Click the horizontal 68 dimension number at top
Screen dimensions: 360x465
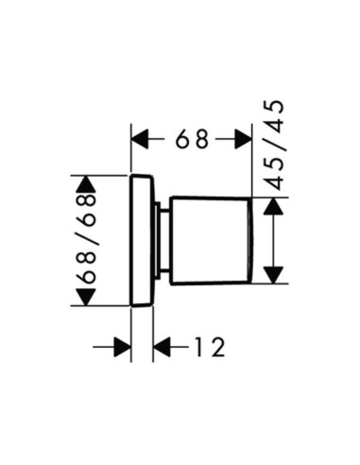[192, 139]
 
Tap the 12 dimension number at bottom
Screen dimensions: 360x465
[210, 347]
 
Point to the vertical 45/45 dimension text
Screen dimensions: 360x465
[273, 145]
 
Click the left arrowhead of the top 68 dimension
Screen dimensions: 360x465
[140, 139]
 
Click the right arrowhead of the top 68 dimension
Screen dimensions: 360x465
[244, 139]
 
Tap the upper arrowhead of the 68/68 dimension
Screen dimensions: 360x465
[86, 184]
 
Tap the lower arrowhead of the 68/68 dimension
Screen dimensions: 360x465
[86, 297]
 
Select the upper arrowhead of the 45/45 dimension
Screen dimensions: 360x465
[273, 206]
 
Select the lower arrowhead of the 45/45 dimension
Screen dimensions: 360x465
[273, 275]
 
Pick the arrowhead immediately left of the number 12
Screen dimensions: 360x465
[162, 347]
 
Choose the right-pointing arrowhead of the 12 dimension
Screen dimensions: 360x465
[123, 347]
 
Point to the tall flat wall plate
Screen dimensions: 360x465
[143, 240]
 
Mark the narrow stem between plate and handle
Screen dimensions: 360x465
[165, 241]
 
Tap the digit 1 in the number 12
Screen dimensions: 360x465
[199, 347]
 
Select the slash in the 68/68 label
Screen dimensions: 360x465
[86, 238]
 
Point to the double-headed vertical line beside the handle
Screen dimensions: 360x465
[273, 241]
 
